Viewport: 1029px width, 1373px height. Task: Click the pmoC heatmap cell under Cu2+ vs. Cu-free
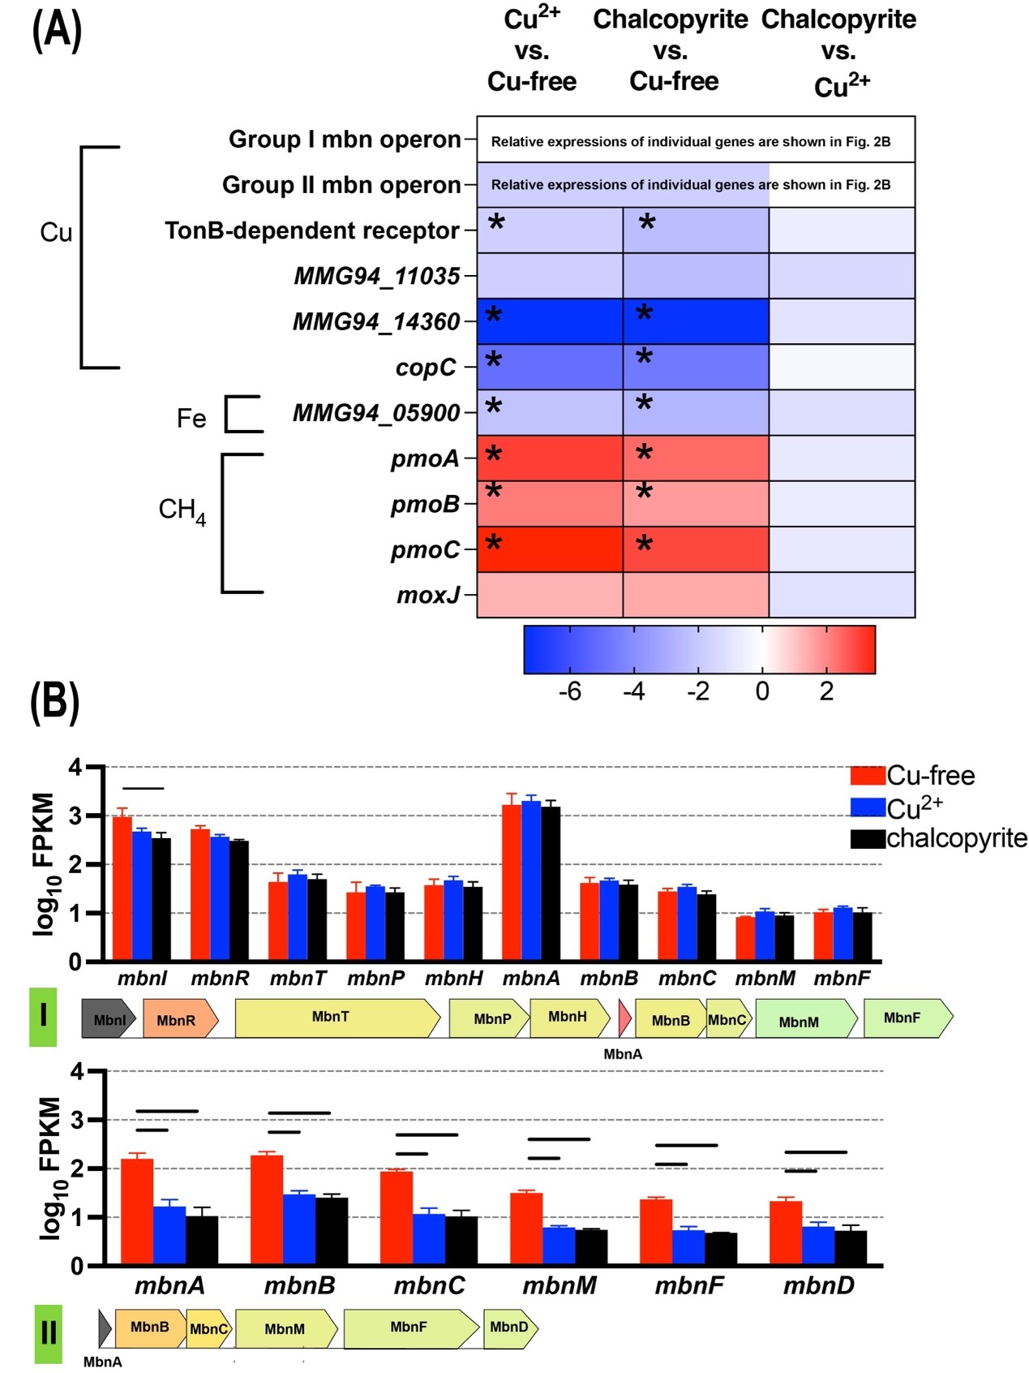(550, 549)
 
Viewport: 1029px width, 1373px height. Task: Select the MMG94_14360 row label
(376, 322)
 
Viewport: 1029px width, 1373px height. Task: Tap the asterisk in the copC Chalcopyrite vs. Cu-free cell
(645, 358)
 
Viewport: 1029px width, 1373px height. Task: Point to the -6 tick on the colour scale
(570, 691)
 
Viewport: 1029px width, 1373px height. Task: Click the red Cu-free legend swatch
(867, 776)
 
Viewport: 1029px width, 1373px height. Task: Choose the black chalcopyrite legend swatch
(867, 838)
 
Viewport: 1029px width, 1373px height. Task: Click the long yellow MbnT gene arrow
(336, 1018)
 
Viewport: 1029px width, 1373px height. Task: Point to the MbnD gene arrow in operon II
(510, 1328)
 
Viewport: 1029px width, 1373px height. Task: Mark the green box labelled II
(49, 1332)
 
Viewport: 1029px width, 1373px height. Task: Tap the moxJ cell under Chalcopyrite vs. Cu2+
(842, 595)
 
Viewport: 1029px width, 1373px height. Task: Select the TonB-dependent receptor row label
(312, 231)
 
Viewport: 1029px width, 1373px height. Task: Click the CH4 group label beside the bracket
(182, 510)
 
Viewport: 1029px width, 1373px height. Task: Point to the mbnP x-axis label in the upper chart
(375, 979)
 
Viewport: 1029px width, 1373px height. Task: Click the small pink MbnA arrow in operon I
(624, 1018)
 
